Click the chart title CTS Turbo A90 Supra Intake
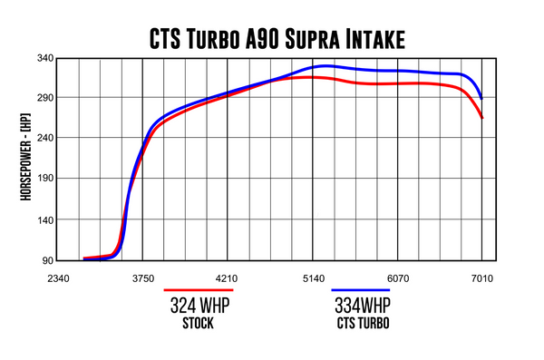(271, 37)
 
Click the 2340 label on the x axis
(59, 278)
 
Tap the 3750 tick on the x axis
(143, 278)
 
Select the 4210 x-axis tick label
(227, 278)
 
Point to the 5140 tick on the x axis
(313, 278)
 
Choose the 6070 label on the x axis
(397, 278)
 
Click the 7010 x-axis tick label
(481, 278)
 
